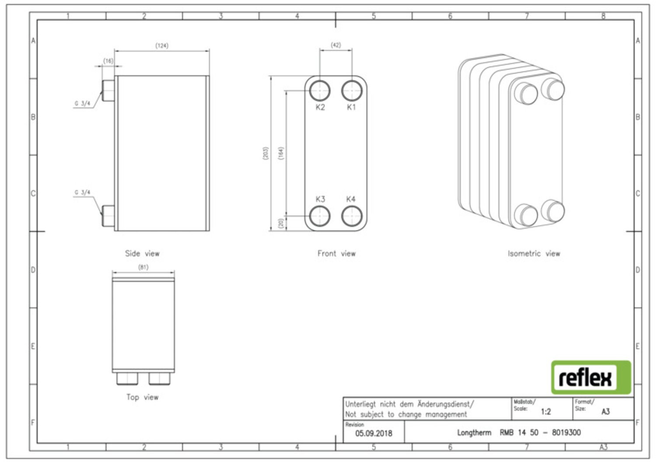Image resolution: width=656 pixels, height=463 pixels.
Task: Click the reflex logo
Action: pos(591,377)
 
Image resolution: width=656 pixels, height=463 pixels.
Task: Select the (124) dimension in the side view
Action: pos(162,45)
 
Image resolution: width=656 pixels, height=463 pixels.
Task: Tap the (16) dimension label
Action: pos(108,61)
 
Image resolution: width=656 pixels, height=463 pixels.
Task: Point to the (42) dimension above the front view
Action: pos(336,45)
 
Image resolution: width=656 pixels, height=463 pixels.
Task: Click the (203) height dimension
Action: pos(265,153)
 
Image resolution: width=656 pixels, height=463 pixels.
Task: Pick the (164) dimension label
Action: pos(281,153)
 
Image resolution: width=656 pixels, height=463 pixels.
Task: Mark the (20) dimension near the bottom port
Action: pos(281,223)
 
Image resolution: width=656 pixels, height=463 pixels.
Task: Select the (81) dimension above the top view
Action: pos(143,267)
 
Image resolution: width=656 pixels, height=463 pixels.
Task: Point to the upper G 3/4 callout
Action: pos(82,103)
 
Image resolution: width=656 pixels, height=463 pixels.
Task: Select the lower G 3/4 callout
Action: pos(82,192)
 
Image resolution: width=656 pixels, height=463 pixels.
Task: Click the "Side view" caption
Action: pos(142,254)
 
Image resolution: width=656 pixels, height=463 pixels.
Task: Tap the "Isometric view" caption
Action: pos(534,254)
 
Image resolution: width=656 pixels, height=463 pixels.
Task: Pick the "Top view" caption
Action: pos(142,397)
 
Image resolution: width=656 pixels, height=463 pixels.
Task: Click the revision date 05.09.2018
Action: pos(373,433)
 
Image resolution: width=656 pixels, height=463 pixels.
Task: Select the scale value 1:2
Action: pos(546,412)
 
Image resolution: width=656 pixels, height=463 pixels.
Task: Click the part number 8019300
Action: pos(566,432)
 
